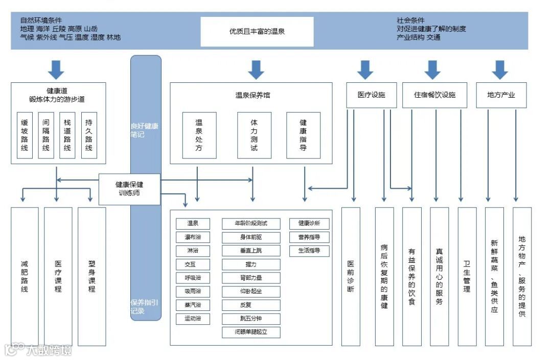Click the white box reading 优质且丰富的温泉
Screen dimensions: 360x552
coord(257,32)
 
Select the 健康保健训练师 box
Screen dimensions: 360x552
coord(129,189)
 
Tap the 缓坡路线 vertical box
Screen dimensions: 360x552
coord(25,135)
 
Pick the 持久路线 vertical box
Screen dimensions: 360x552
coord(89,135)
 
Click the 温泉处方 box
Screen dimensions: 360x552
coord(199,136)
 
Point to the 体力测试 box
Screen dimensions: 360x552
coord(254,136)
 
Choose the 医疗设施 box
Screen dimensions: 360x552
coord(371,95)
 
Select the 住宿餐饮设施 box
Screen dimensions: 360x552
coord(434,95)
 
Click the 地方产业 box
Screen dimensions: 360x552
coord(501,95)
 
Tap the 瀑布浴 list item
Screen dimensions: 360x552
coord(193,237)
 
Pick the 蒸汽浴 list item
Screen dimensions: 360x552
coord(193,305)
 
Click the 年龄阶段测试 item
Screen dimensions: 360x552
coord(251,223)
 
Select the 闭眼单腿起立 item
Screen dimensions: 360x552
coord(251,332)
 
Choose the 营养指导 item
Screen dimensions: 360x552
coord(309,237)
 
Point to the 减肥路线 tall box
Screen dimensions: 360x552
coord(25,276)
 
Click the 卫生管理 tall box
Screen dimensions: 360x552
coord(467,276)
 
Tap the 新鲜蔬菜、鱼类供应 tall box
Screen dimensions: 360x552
coord(494,276)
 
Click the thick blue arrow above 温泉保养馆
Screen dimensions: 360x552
coord(256,70)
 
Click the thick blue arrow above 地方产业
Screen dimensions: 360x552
coord(499,70)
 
